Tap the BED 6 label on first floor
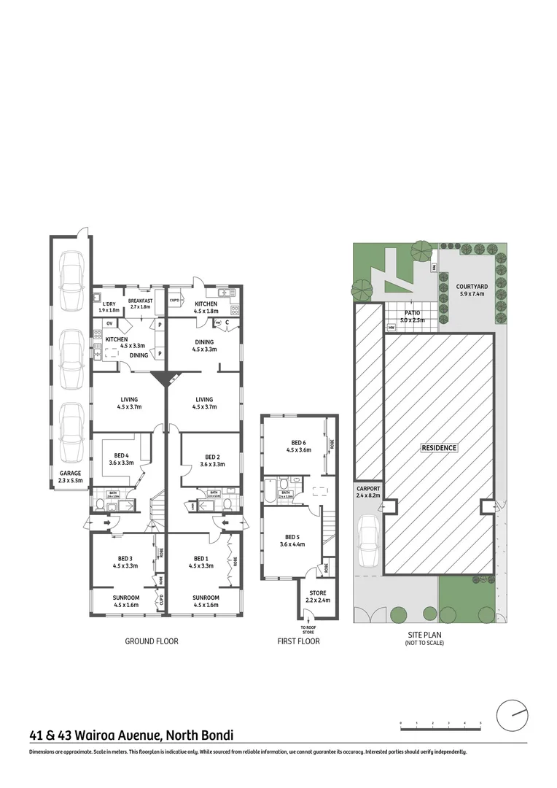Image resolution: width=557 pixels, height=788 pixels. (299, 442)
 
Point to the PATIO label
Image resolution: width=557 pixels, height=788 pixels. (413, 312)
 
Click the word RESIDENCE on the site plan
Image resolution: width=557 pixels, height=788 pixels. (439, 447)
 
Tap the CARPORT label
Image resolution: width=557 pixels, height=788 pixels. (368, 488)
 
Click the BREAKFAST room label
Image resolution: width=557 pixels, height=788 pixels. (140, 301)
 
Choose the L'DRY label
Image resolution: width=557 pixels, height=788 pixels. (109, 304)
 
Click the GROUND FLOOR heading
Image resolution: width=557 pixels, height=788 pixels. (152, 641)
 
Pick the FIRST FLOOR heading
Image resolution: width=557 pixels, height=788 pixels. (298, 641)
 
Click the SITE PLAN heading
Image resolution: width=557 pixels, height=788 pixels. (424, 635)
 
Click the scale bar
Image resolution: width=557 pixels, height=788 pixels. (440, 724)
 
